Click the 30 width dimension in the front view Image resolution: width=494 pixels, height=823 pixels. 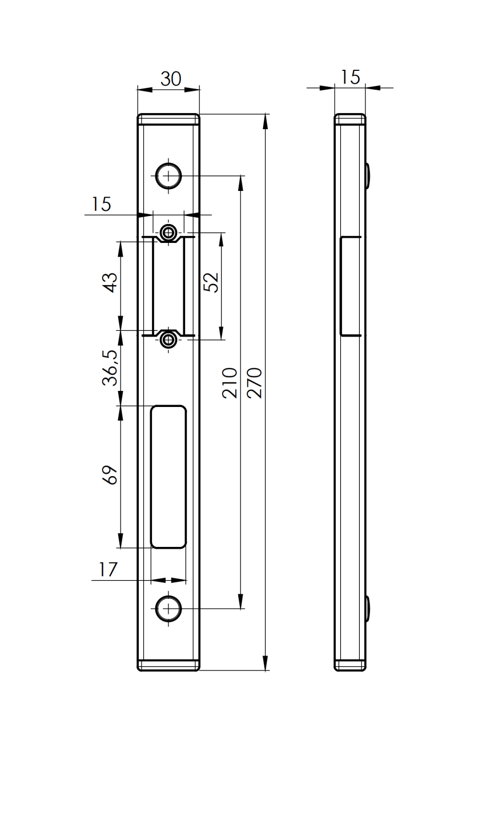click(x=170, y=79)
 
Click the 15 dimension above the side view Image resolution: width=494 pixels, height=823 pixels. click(x=351, y=77)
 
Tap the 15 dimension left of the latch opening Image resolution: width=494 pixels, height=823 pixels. click(x=101, y=204)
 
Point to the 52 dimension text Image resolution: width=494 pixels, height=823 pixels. click(x=211, y=282)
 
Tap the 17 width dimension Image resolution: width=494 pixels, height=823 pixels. click(x=107, y=569)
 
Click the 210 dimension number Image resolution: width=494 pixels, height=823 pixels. click(x=229, y=383)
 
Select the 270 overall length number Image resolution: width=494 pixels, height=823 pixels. click(x=255, y=383)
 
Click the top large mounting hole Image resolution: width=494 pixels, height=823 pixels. click(x=168, y=177)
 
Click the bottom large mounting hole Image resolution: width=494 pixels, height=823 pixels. click(x=168, y=609)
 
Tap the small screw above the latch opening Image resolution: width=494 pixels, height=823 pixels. click(x=168, y=232)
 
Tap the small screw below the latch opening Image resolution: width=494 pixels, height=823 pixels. click(x=168, y=340)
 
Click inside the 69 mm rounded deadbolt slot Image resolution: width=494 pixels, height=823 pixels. click(x=168, y=477)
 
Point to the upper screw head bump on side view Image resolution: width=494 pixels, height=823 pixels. click(x=368, y=176)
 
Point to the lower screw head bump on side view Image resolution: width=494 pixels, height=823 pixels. click(x=368, y=609)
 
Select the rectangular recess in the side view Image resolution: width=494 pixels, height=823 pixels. click(x=350, y=286)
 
